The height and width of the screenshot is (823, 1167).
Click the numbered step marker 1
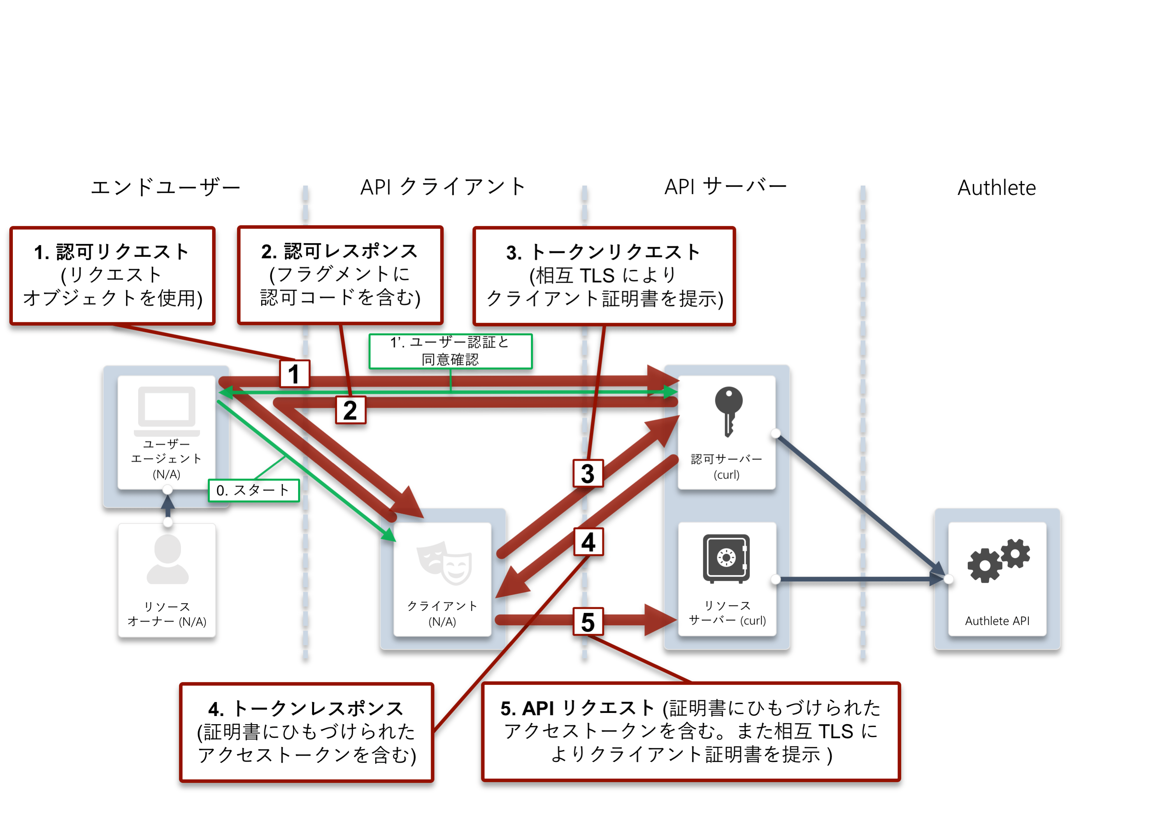pyautogui.click(x=294, y=374)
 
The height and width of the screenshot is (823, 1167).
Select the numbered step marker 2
pyautogui.click(x=350, y=410)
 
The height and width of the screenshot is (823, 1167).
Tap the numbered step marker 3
pyautogui.click(x=588, y=473)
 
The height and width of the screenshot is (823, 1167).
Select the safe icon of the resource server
pyautogui.click(x=727, y=558)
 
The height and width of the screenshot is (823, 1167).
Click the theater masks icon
pyautogui.click(x=444, y=563)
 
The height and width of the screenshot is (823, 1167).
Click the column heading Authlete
pyautogui.click(x=996, y=188)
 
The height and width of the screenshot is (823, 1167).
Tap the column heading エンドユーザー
pyautogui.click(x=165, y=188)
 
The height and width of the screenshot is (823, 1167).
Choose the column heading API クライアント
pyautogui.click(x=443, y=187)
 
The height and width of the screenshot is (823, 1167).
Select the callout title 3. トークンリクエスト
pyautogui.click(x=604, y=252)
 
